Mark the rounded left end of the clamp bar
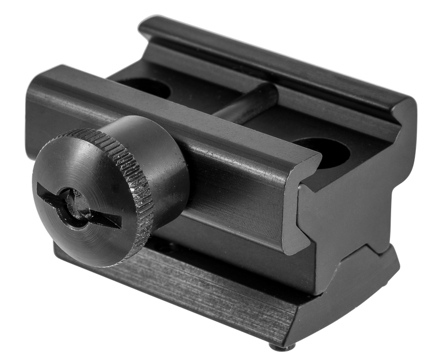(38, 102)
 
